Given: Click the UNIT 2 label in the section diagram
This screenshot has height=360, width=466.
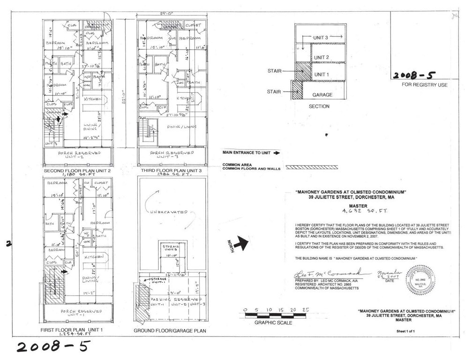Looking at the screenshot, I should tap(322, 57).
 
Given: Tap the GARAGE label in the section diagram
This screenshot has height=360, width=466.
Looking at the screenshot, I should tap(322, 95).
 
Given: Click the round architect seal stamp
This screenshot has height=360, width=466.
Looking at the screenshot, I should tap(420, 280).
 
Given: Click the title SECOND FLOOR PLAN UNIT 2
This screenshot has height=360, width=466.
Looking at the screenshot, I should tap(77, 171).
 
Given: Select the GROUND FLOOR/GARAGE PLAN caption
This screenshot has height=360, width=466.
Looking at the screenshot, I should tap(170, 330).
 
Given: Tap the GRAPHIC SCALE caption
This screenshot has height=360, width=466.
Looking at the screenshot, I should tap(274, 322).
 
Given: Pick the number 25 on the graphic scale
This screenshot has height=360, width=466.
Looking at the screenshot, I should tap(306, 310).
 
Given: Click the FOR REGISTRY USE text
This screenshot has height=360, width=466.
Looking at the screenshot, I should tap(425, 85).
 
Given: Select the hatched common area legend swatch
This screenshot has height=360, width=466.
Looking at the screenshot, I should tap(311, 166).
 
